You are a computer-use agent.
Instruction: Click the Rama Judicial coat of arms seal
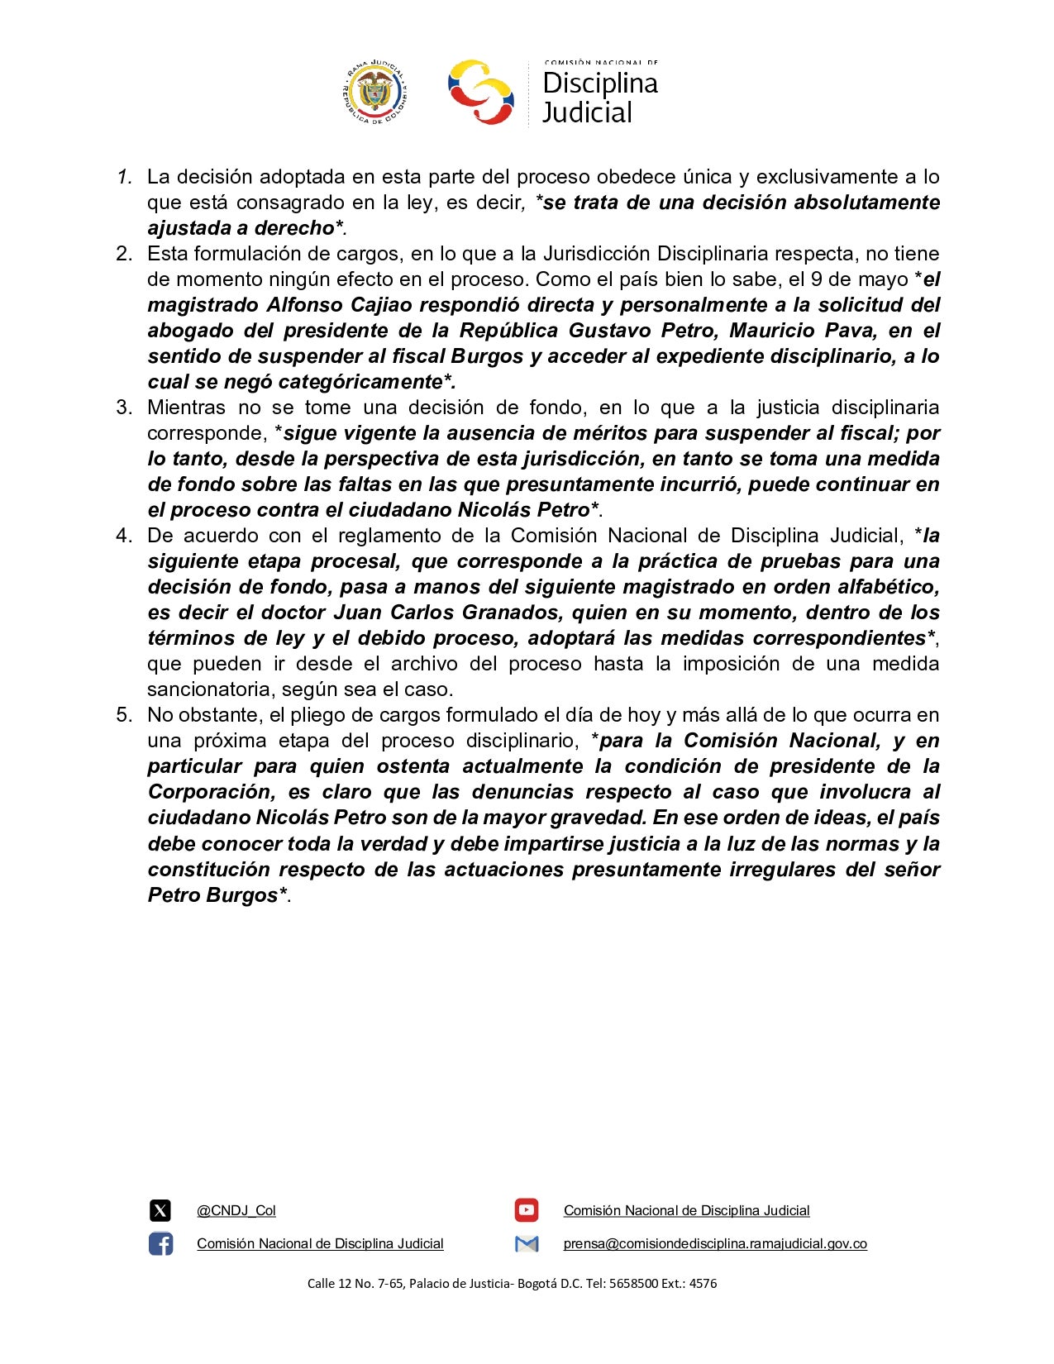click(374, 92)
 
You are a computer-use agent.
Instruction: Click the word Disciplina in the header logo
click(600, 83)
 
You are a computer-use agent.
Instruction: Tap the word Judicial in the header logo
click(587, 112)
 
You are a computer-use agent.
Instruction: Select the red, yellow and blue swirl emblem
click(480, 92)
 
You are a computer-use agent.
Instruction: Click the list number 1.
click(125, 177)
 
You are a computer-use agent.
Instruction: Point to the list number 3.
click(124, 408)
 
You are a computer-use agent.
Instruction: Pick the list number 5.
click(124, 715)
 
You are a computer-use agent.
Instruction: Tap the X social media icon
click(160, 1211)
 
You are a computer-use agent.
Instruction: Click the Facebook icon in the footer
click(160, 1244)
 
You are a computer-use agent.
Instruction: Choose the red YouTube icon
click(526, 1211)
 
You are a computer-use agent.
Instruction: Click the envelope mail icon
click(526, 1244)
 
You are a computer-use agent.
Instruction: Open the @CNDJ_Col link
click(236, 1211)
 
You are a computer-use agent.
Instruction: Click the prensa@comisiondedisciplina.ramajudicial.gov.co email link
click(715, 1244)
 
